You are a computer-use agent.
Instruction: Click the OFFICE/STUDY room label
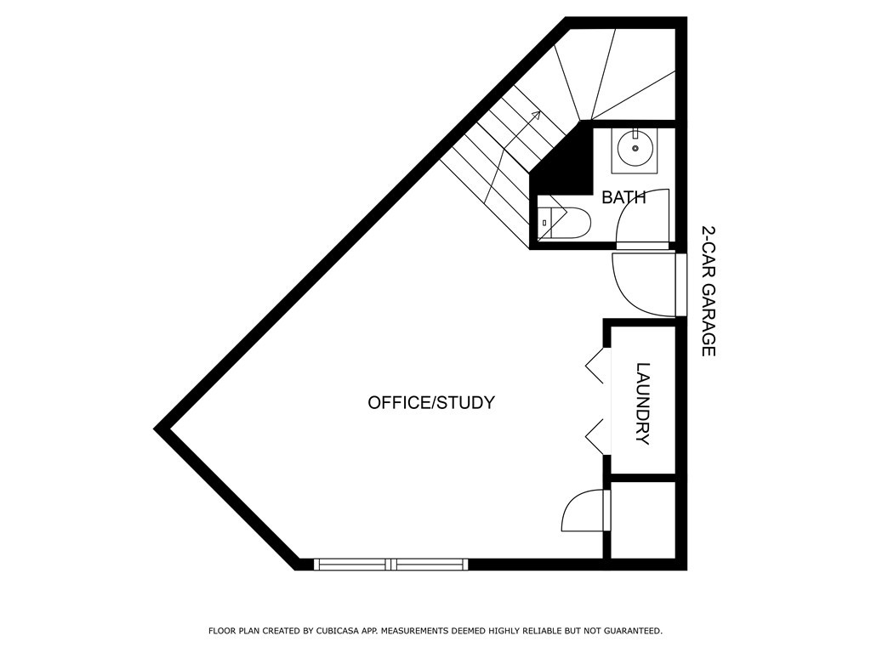(431, 402)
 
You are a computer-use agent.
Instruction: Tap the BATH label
(623, 197)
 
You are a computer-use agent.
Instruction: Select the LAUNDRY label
(643, 404)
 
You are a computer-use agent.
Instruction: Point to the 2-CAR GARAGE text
(709, 291)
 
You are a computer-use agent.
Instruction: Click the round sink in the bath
(635, 148)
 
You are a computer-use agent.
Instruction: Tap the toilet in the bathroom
(565, 223)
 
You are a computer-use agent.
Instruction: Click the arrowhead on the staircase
(536, 115)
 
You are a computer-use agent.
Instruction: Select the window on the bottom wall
(391, 565)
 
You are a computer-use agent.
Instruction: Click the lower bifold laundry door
(595, 437)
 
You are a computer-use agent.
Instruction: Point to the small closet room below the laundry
(643, 520)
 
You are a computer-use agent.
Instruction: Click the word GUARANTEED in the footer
(634, 631)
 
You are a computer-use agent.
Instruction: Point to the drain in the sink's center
(635, 148)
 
